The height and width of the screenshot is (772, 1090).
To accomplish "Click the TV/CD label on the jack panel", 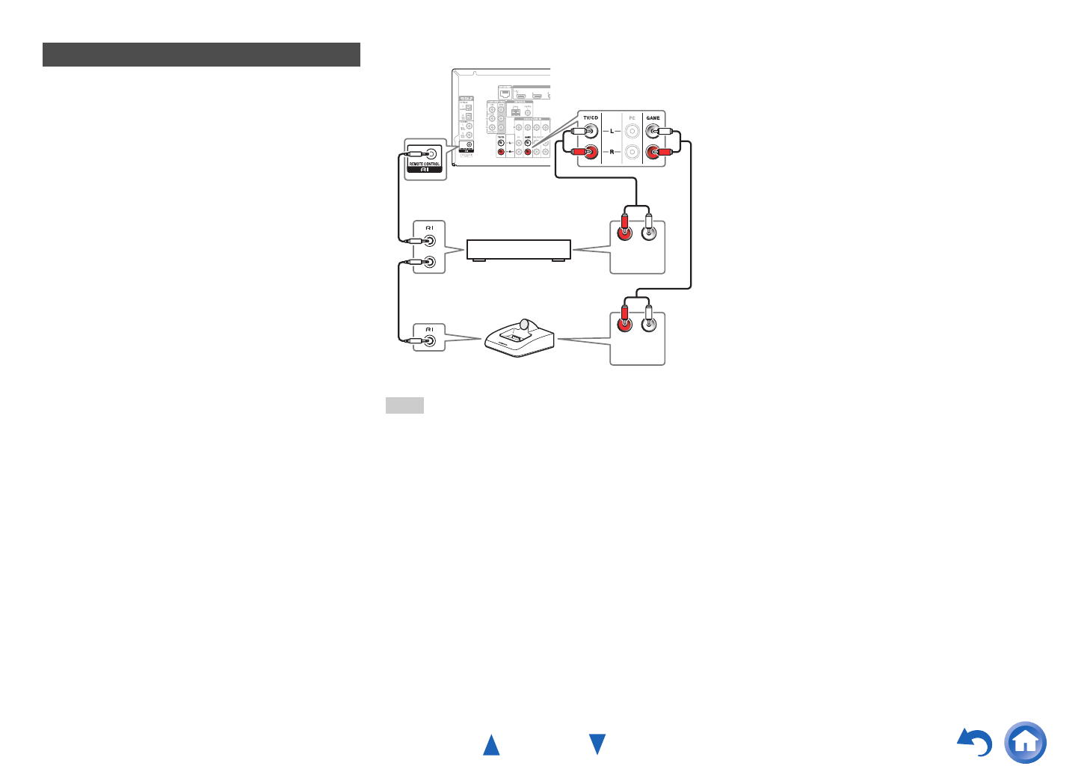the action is [x=591, y=118].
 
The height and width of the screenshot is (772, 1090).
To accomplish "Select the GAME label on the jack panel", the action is [x=653, y=118].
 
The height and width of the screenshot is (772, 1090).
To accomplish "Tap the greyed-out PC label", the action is [x=632, y=118].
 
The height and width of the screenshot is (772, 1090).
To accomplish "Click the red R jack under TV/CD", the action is [x=591, y=152].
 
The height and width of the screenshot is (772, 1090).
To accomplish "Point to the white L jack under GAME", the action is [x=653, y=132].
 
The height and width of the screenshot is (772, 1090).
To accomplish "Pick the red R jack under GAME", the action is [x=653, y=152].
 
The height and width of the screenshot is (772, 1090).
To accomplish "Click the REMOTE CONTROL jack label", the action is [x=425, y=164].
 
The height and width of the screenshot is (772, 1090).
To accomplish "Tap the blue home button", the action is [x=1026, y=742].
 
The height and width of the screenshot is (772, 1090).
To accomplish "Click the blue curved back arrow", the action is [x=975, y=743].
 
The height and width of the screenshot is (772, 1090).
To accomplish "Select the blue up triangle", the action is [x=491, y=745].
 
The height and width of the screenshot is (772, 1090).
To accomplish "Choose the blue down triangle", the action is [x=597, y=744].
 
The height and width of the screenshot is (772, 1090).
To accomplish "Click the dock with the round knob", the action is [x=520, y=339].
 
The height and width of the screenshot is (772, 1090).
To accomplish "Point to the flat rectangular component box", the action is [x=519, y=249].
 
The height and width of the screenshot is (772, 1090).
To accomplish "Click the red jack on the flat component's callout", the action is [x=623, y=233].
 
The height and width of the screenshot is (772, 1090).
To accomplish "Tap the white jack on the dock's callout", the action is [x=649, y=325].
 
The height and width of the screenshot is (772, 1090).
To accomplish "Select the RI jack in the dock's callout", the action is [x=430, y=340].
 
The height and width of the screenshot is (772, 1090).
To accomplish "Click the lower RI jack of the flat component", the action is [x=430, y=262].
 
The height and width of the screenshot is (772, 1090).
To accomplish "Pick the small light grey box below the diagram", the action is [x=404, y=405].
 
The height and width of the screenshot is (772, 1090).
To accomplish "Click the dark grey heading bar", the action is [x=201, y=55].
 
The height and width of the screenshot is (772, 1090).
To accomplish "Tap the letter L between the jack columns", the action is [x=612, y=132].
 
